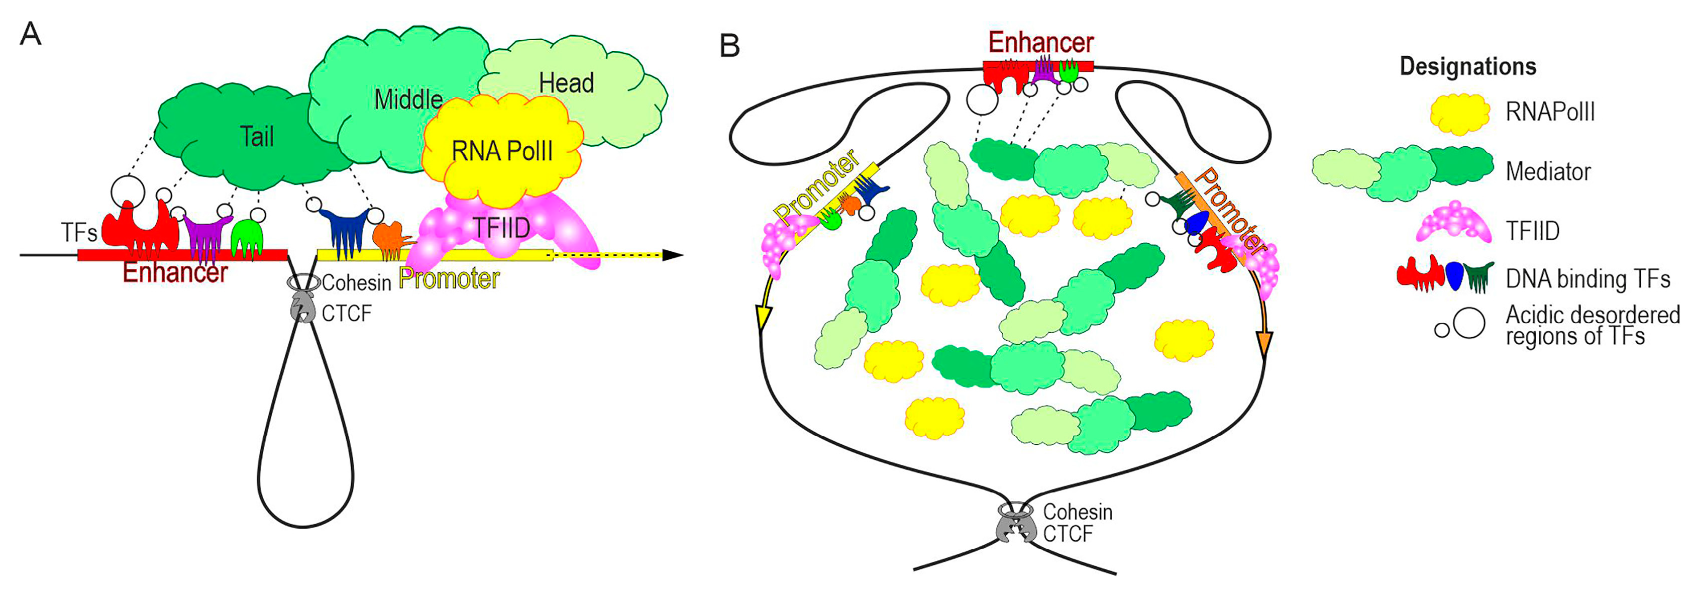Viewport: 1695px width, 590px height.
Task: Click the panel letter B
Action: tap(730, 46)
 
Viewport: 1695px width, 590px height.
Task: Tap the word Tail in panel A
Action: tap(257, 137)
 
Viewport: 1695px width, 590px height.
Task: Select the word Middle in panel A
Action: tap(408, 100)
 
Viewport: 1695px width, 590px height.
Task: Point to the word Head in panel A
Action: tap(566, 83)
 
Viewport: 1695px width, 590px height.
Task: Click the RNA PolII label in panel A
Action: tap(502, 151)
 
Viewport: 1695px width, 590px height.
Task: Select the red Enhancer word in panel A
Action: tap(175, 272)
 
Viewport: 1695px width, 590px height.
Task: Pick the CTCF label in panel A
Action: tap(347, 314)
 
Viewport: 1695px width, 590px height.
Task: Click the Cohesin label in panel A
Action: tap(356, 283)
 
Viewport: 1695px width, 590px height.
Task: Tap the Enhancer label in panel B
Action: tap(1040, 43)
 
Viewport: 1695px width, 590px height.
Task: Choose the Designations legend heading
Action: tap(1467, 66)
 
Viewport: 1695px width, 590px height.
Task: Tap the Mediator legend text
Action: tap(1548, 172)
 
